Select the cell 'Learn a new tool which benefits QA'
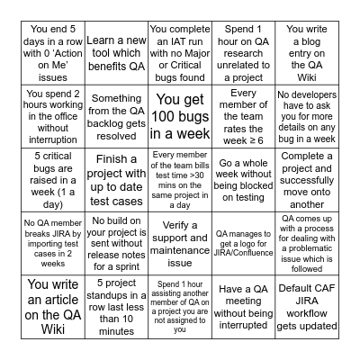click(114, 46)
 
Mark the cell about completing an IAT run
click(180, 46)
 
